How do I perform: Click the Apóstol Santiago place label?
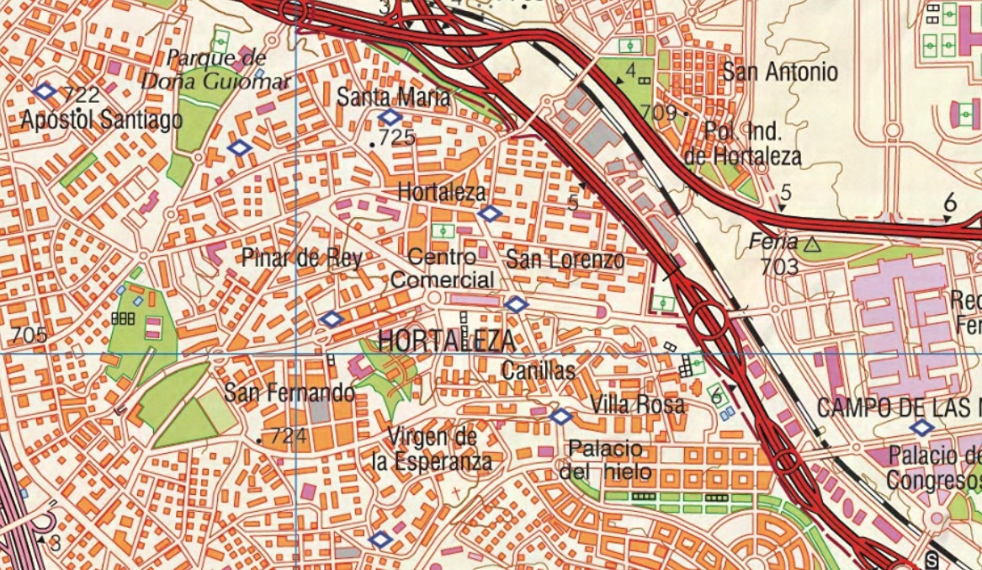coord(101,120)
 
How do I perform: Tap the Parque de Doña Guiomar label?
coord(215,70)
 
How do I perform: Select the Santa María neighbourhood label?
coord(393,97)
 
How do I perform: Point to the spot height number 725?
coord(397,137)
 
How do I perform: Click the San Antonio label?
coord(781,72)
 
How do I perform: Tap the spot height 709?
coord(658,112)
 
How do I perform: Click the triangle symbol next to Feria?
coord(812,245)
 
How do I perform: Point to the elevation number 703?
coord(778,267)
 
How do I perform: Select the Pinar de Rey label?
coord(301,258)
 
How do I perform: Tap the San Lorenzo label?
coord(565,259)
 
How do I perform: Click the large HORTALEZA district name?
coord(446,341)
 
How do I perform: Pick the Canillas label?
coord(539,370)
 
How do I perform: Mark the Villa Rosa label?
coord(637,405)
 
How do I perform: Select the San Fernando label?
coord(289,392)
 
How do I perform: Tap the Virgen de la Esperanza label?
coord(432,449)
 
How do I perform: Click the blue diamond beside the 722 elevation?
coord(45,91)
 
